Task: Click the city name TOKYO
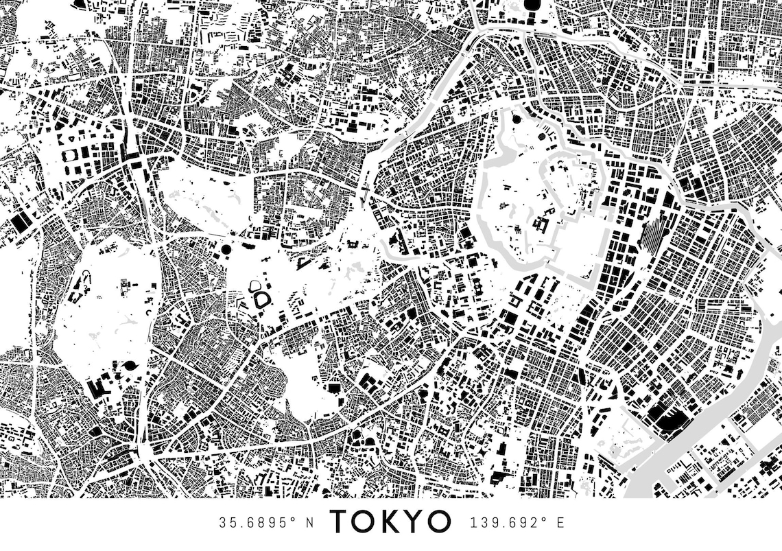pyautogui.click(x=390, y=522)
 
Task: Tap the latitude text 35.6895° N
pyautogui.click(x=266, y=523)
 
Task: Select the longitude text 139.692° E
pyautogui.click(x=517, y=523)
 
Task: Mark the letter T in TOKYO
pyautogui.click(x=341, y=522)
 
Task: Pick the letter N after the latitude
pyautogui.click(x=309, y=523)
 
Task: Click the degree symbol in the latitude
pyautogui.click(x=293, y=519)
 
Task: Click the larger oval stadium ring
pyautogui.click(x=261, y=300)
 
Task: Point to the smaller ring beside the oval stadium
pyautogui.click(x=254, y=285)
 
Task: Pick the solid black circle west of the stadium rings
pyautogui.click(x=226, y=249)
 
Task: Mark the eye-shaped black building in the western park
pyautogui.click(x=130, y=366)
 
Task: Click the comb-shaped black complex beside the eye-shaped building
pyautogui.click(x=98, y=386)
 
